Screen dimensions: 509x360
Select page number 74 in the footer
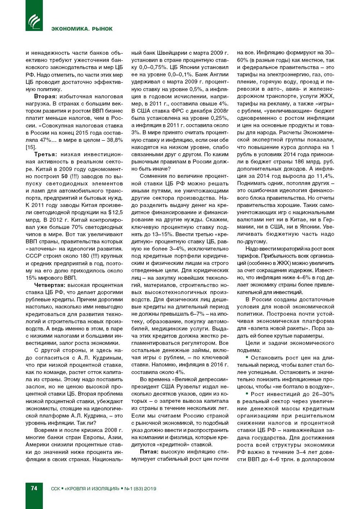click(34, 488)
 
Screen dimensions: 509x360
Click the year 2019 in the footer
click(150, 488)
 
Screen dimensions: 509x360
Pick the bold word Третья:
click(46, 154)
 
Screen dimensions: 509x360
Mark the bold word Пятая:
click(149, 452)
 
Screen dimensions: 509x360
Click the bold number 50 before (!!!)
click(64, 176)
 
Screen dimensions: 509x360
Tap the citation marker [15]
click(30, 147)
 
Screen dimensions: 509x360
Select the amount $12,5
click(115, 212)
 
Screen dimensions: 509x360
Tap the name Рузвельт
click(188, 386)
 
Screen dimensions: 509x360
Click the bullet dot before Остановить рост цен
click(247, 357)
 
